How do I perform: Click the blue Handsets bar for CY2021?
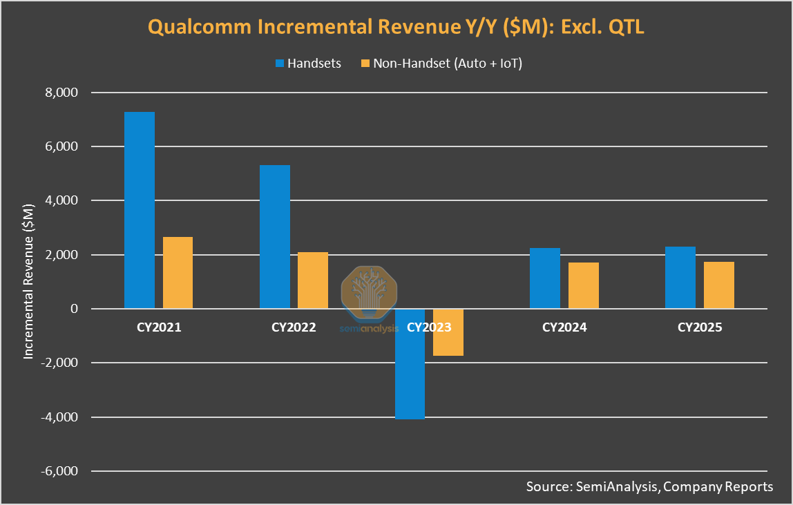(139, 210)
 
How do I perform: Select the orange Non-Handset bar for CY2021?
(178, 273)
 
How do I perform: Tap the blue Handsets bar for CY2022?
(274, 237)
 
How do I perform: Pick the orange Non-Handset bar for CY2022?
(313, 280)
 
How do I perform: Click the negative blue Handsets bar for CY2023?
(410, 364)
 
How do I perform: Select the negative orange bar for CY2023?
(448, 332)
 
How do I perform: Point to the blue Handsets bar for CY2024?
(545, 278)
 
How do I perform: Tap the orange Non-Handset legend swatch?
(365, 64)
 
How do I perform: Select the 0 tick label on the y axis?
(74, 309)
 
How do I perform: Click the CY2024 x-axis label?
(564, 327)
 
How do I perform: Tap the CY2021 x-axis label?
(158, 327)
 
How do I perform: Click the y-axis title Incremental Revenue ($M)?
(29, 281)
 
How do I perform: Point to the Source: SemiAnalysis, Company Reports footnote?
(649, 486)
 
